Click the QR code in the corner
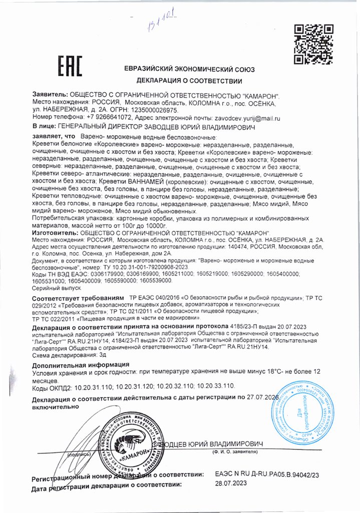pos(312,44)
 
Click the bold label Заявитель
pos(49,94)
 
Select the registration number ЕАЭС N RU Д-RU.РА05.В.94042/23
pos(266,474)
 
